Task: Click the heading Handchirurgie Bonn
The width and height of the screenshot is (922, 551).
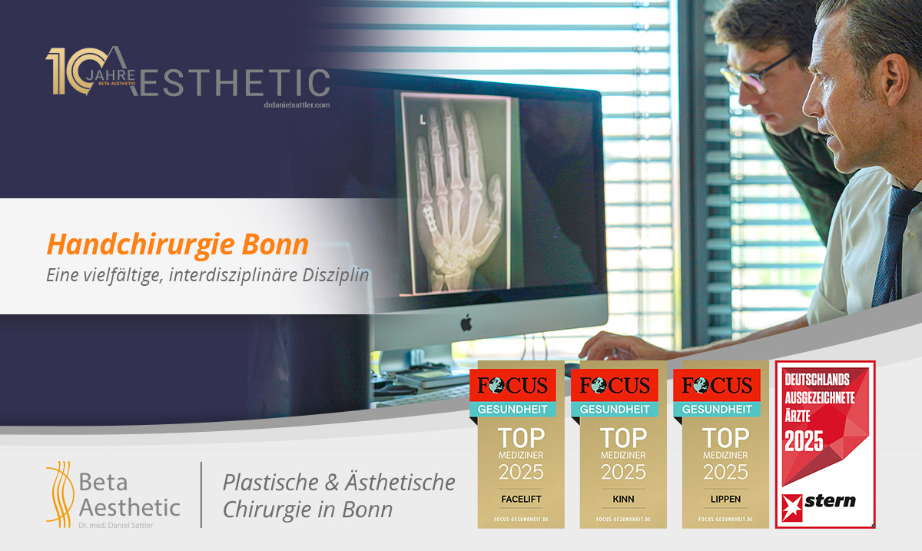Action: pos(177,244)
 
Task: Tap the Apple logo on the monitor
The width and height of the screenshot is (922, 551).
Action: pos(466,323)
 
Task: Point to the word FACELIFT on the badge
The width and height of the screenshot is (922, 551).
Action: pos(521,499)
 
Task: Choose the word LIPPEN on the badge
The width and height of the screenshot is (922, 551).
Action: pos(725,499)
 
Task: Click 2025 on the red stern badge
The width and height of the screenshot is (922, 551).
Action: pos(803,440)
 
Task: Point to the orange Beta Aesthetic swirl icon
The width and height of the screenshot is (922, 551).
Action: pos(58,492)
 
